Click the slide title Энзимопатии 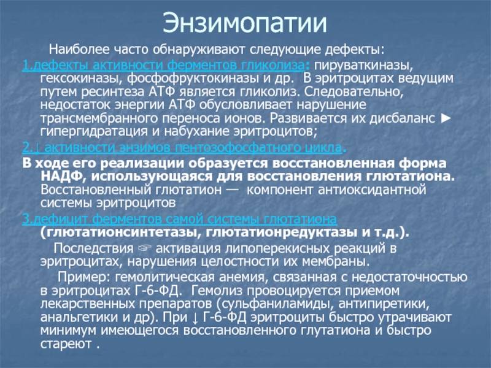click(245, 23)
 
